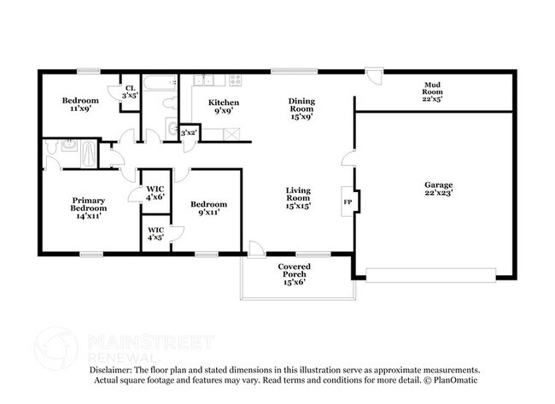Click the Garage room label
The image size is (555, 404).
438,189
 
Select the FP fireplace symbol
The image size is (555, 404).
348,202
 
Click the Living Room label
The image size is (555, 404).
297,200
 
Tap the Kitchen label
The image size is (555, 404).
224,106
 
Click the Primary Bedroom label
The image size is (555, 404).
89,208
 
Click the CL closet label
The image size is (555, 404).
130,92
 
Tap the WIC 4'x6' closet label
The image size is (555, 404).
155,193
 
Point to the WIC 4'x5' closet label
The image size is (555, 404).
155,233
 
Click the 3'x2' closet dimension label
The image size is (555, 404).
189,132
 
